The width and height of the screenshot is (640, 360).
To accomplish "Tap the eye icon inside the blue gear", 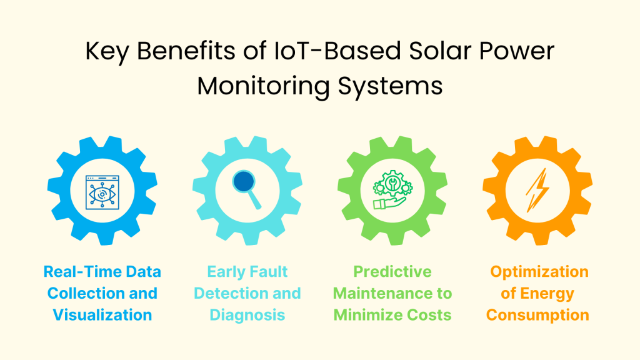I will tap(102, 191).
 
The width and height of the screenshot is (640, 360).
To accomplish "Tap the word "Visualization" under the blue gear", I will tap(102, 314).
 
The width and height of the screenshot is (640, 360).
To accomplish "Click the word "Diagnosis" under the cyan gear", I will tap(247, 314).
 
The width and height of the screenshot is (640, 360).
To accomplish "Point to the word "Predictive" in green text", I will tap(392, 272).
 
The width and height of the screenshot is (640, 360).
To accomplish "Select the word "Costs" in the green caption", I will tap(427, 314).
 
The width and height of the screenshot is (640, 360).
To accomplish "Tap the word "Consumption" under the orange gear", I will tap(537, 314).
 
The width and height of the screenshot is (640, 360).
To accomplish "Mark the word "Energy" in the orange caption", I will tap(548, 293).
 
